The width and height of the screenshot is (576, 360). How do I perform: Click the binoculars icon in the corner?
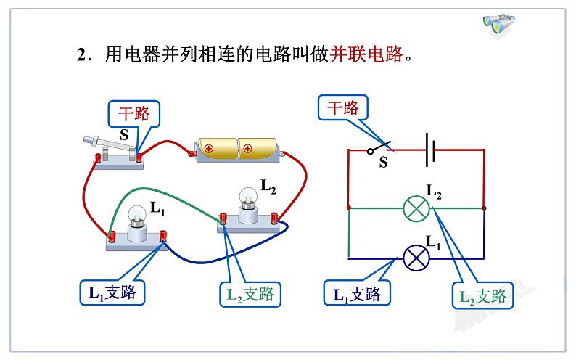[500, 24]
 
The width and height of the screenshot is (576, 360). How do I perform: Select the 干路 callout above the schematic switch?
[343, 109]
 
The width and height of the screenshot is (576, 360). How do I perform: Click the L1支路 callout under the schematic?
[357, 294]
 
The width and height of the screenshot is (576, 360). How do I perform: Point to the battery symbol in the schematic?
[430, 150]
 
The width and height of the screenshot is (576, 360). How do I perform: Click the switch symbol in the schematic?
[379, 147]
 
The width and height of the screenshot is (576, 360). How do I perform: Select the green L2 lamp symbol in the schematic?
[417, 208]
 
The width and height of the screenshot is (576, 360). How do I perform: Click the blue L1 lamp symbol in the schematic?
[417, 258]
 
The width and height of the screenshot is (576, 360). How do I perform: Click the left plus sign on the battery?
[208, 150]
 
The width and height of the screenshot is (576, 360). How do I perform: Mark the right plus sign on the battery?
[247, 150]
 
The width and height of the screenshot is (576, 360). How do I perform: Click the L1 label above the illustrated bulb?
[157, 208]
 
